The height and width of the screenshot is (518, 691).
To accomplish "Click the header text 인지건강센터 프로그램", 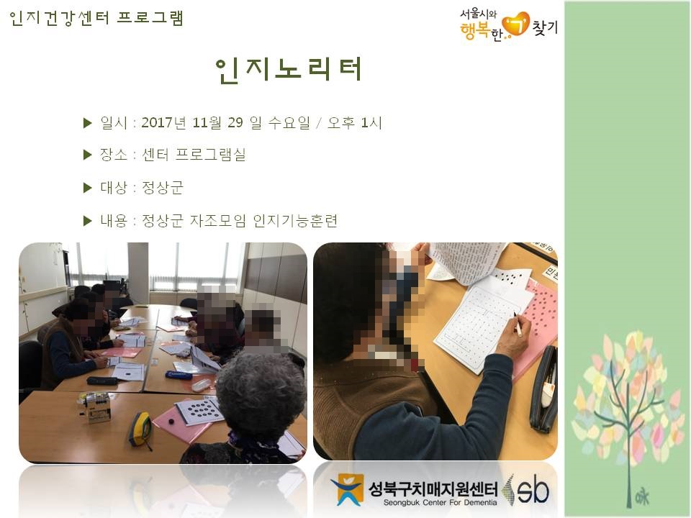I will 96,18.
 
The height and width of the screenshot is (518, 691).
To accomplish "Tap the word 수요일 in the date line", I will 288,123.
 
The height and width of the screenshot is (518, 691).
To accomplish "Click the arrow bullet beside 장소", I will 88,154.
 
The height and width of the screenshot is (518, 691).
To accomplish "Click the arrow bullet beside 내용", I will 88,220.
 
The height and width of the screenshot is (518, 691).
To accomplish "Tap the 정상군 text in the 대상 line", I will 163,188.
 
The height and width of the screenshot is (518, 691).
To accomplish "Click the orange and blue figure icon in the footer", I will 346,490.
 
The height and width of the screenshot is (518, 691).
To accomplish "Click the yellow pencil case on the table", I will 139,430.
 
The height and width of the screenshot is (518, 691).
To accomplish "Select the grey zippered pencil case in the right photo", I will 543,389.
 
